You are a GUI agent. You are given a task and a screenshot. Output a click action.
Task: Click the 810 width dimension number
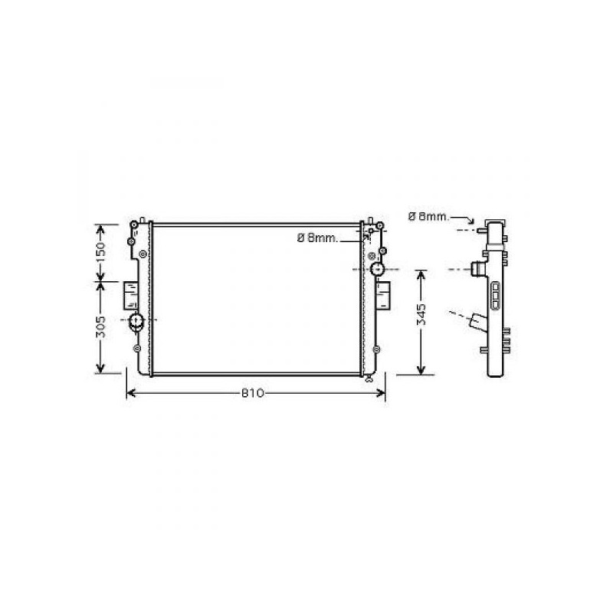click(253, 393)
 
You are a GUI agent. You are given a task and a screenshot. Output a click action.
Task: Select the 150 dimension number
click(100, 252)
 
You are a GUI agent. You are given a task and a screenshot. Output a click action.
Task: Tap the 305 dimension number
click(100, 327)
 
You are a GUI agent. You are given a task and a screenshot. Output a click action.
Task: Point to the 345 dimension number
click(421, 314)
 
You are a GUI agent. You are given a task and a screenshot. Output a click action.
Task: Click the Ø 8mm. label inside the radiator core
click(317, 238)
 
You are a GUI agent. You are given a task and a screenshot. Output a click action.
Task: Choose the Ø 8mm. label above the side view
click(429, 216)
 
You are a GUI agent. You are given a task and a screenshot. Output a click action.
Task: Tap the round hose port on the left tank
click(136, 321)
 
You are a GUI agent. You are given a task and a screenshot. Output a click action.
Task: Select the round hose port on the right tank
click(377, 269)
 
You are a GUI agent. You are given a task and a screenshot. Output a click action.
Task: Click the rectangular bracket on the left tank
click(130, 295)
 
